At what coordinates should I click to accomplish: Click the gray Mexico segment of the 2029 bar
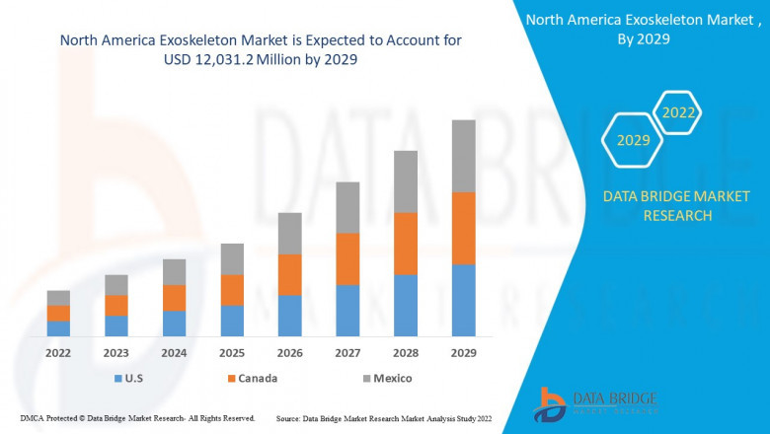point(463,156)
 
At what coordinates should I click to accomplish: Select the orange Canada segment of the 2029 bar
point(463,228)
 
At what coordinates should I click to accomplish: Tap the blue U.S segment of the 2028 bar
point(405,305)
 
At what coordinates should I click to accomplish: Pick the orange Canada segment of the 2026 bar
point(289,274)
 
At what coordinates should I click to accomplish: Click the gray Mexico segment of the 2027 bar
point(347,207)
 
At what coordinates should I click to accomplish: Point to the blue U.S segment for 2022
point(58,328)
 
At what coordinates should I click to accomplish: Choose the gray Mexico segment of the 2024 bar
point(174,272)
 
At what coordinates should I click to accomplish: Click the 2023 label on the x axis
point(116,352)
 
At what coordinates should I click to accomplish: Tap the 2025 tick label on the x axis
point(232,352)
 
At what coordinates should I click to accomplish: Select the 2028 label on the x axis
point(405,352)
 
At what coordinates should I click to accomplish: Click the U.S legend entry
point(130,378)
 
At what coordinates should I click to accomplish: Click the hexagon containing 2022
point(678,113)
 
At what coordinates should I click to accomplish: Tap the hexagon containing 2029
point(633,141)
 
